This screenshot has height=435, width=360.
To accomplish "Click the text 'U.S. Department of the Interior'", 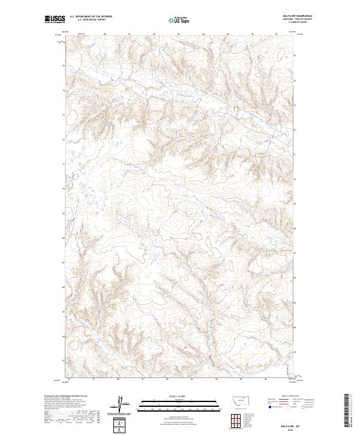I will [x=91, y=17].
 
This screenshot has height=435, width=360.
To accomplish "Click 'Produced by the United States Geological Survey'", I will [x=65, y=396].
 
